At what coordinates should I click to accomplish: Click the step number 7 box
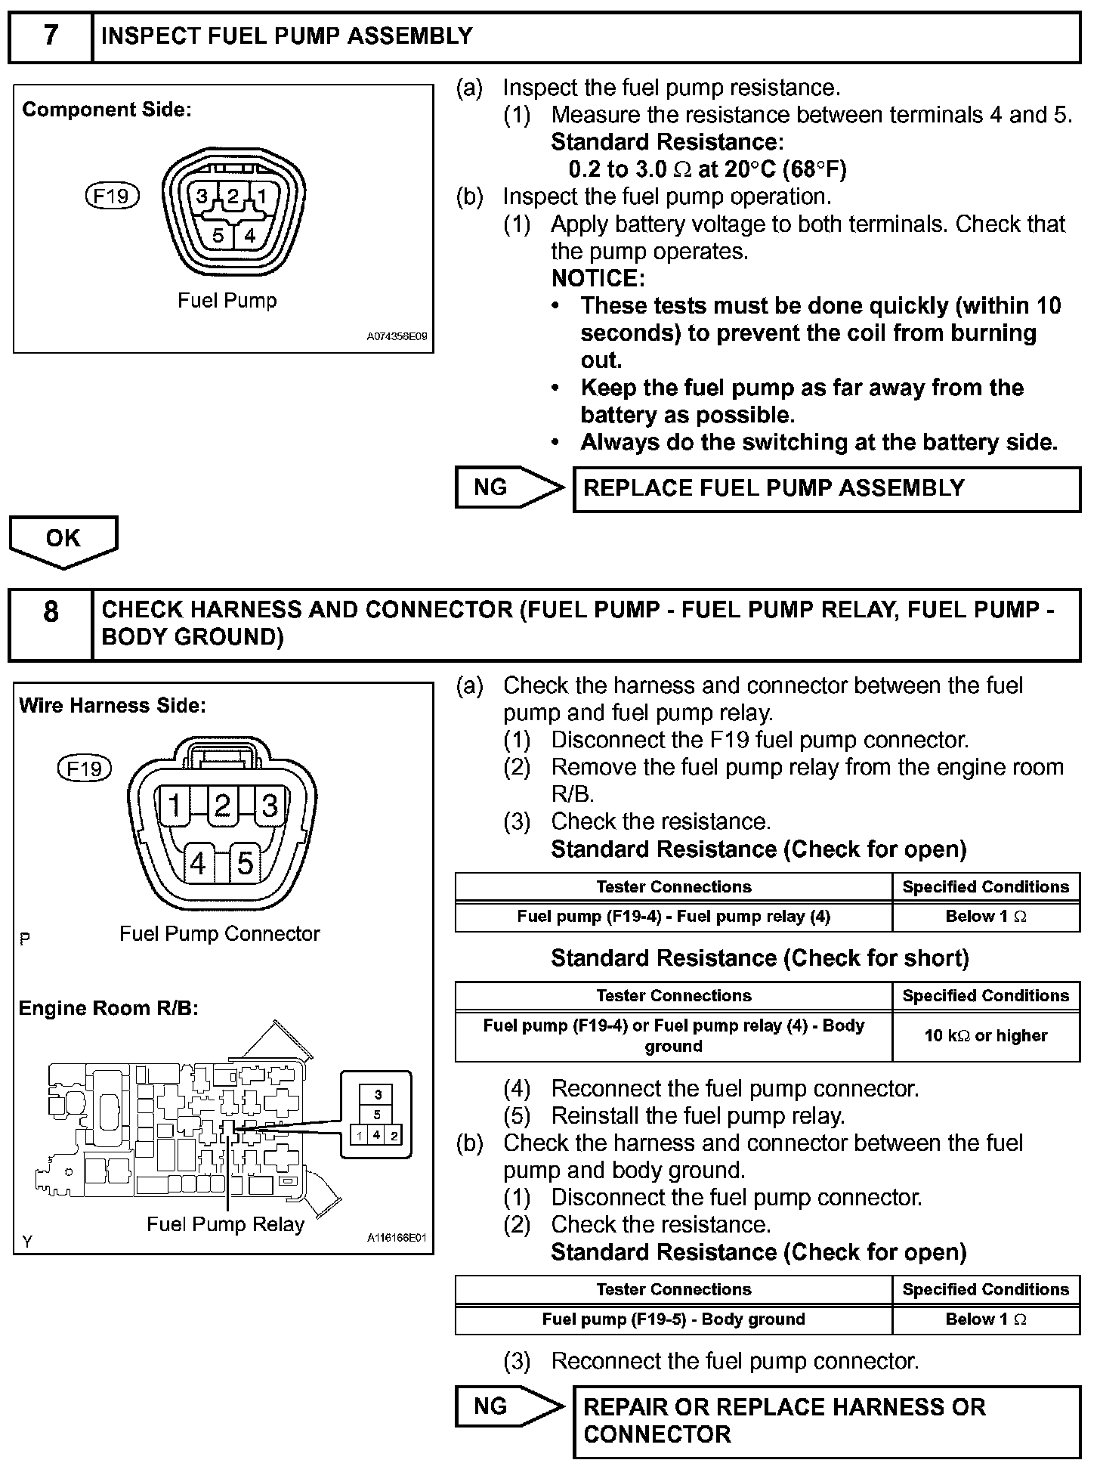tap(50, 36)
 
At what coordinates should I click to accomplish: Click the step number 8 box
tap(50, 624)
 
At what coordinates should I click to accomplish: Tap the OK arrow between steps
tap(63, 540)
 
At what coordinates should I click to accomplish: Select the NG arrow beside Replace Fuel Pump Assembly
tap(508, 487)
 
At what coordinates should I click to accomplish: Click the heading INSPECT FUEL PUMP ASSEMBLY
tap(287, 36)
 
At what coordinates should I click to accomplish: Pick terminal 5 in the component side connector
tap(218, 236)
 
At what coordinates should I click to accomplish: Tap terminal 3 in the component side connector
tap(202, 197)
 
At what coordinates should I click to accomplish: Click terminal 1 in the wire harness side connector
tap(175, 806)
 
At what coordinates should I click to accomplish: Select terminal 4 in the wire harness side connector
tap(199, 862)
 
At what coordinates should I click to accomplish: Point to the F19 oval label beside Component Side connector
tap(112, 196)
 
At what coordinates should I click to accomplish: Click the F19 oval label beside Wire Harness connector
tap(85, 769)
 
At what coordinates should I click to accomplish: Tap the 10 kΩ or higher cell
tap(985, 1036)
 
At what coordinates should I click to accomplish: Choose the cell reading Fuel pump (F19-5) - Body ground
tap(673, 1319)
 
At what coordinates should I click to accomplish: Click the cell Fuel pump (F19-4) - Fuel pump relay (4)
tap(673, 917)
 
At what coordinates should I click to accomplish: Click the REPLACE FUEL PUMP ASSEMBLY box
tap(827, 489)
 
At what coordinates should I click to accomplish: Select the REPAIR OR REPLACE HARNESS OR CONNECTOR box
tap(827, 1421)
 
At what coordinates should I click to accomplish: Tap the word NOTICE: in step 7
tap(598, 279)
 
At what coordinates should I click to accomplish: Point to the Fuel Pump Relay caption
tap(225, 1225)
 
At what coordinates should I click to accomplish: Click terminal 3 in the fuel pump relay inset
tap(378, 1094)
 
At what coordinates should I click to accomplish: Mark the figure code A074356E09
tap(397, 337)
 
